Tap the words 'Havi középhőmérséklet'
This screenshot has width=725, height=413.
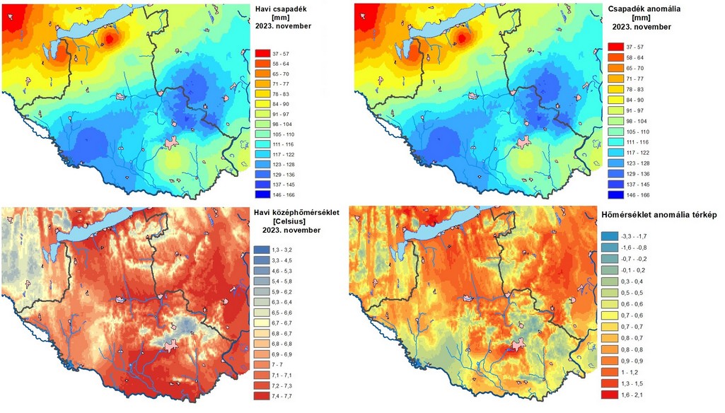point(296,212)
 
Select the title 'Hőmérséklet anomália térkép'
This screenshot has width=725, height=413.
point(659,214)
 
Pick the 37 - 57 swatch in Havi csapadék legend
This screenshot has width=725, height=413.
point(262,54)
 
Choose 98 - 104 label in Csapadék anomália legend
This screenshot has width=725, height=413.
point(637,121)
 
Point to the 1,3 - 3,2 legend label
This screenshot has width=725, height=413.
point(282,250)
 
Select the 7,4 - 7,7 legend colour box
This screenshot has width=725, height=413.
point(261,396)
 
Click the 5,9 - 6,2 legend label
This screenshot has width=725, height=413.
point(282,292)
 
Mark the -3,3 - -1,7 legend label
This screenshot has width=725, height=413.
point(634,236)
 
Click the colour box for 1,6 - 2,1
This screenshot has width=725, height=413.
point(610,395)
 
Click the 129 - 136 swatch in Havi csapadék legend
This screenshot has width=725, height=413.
point(262,175)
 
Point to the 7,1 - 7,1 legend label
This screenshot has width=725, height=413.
point(282,375)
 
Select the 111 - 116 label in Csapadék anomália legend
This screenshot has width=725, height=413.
point(637,142)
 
